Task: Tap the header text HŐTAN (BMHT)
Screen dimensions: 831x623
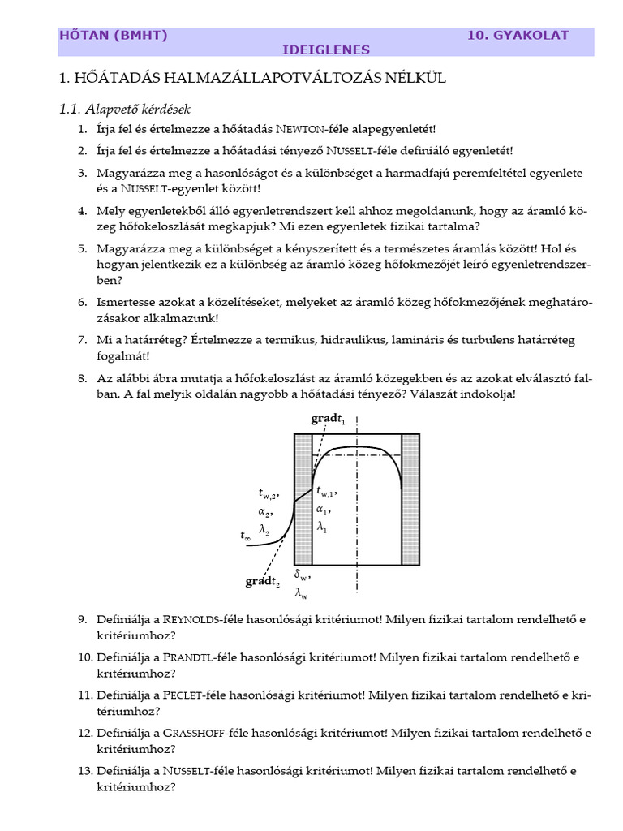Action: pos(113,35)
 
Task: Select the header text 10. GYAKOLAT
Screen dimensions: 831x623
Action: pos(518,35)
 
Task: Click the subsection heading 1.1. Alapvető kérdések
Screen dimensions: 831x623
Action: pos(125,108)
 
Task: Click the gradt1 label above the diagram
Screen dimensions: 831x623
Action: pos(328,420)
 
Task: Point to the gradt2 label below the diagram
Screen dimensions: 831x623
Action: pos(264,582)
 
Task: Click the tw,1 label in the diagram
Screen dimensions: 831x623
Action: pos(326,491)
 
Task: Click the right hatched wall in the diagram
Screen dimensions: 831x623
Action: pos(410,499)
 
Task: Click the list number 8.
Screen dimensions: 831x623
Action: pos(82,377)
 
